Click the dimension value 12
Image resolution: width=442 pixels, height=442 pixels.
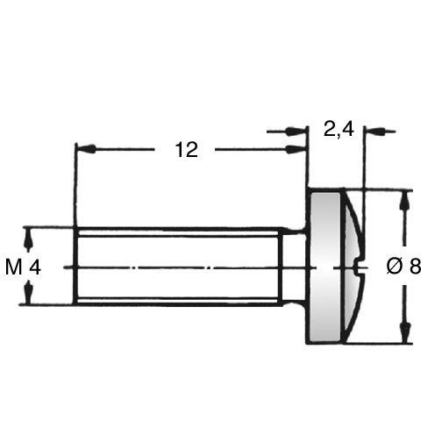(x=187, y=150)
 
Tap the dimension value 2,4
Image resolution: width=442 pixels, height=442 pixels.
(x=339, y=129)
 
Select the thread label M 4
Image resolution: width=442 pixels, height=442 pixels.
(x=23, y=267)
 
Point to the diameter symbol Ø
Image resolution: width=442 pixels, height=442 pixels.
(x=394, y=267)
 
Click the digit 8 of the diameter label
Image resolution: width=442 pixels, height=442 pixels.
(x=416, y=267)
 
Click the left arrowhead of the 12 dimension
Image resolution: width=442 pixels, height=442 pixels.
(x=85, y=149)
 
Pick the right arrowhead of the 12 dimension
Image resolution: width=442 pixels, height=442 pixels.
(x=296, y=149)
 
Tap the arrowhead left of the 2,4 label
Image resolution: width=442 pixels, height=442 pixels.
(x=296, y=131)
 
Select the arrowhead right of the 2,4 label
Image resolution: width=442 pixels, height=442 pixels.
(x=374, y=132)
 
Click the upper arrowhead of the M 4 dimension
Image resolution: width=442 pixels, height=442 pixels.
(x=28, y=239)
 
